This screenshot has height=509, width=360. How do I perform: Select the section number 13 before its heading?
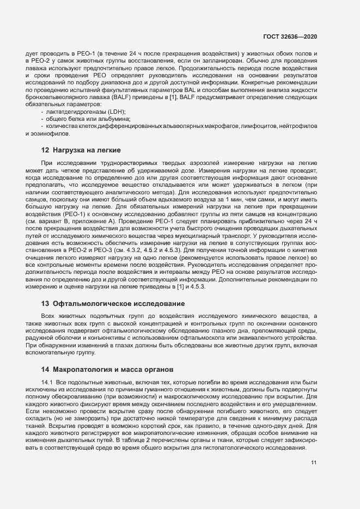45,303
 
